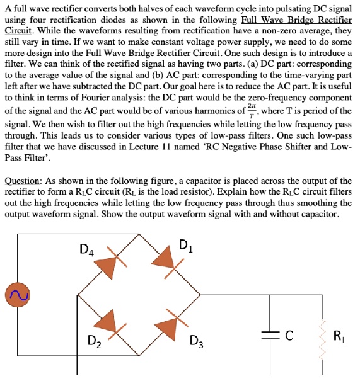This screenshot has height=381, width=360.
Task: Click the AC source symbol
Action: (15, 293)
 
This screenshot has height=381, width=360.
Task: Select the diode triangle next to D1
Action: (165, 259)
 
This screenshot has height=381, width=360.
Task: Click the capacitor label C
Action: (288, 336)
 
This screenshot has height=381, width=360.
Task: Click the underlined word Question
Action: (23, 181)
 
